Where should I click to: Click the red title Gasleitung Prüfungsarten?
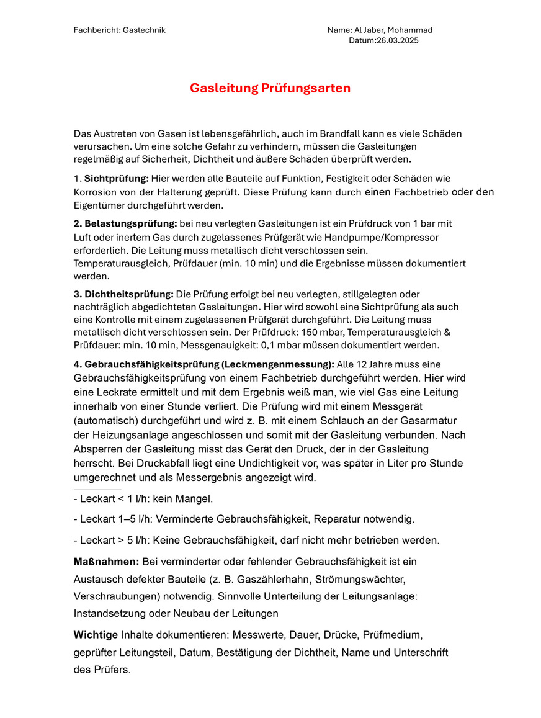click(270, 88)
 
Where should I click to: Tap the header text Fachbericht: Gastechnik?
click(119, 30)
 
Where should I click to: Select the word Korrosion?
click(92, 192)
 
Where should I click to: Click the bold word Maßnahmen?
click(105, 562)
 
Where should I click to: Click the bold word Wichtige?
click(96, 635)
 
